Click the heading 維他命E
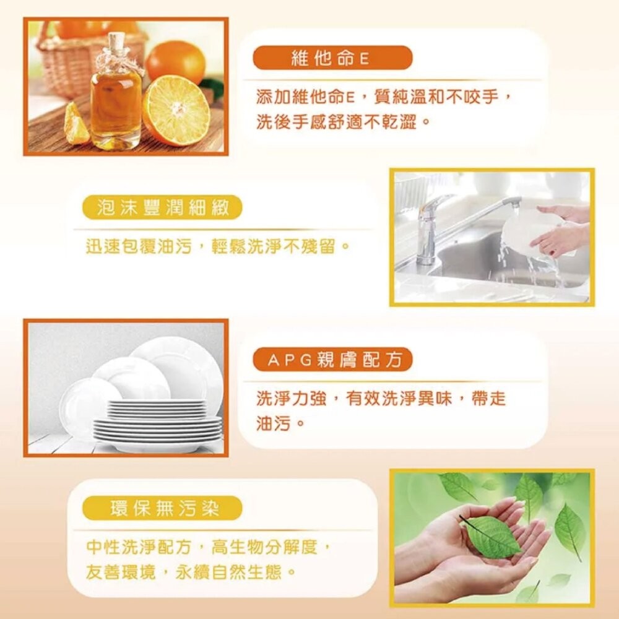pyautogui.click(x=332, y=58)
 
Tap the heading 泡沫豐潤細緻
pyautogui.click(x=162, y=208)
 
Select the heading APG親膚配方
pyautogui.click(x=332, y=360)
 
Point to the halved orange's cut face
pyautogui.click(x=176, y=110)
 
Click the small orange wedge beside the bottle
pyautogui.click(x=75, y=124)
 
